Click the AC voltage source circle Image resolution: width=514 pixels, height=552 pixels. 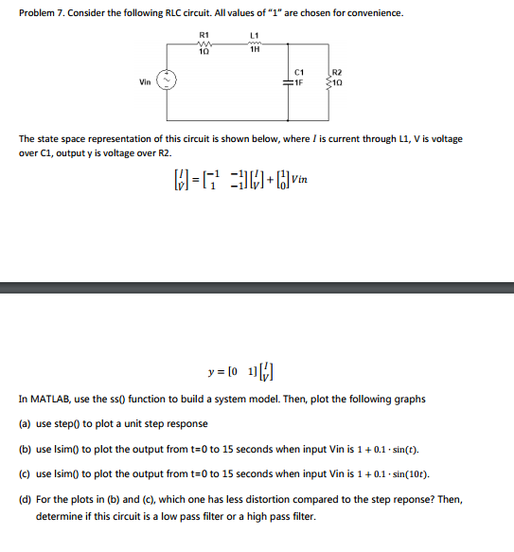[168, 81]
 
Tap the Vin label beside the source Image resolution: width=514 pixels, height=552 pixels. [145, 81]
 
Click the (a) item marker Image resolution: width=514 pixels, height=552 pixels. [25, 423]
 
